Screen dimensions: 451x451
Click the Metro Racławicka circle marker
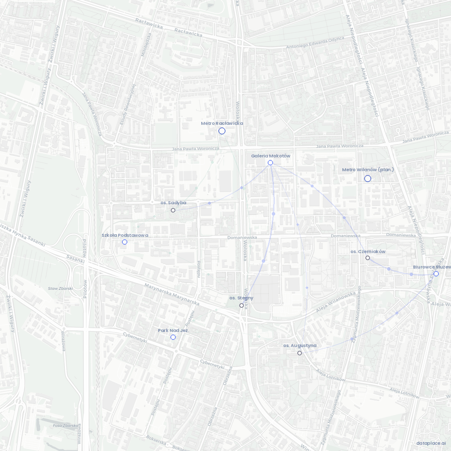pyautogui.click(x=222, y=131)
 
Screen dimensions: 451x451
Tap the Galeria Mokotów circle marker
pyautogui.click(x=270, y=162)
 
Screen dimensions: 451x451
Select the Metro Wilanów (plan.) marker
pyautogui.click(x=367, y=179)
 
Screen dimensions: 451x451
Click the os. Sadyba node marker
pyautogui.click(x=173, y=210)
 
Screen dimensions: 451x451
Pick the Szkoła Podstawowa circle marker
pyautogui.click(x=124, y=242)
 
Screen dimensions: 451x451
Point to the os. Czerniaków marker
pyautogui.click(x=367, y=258)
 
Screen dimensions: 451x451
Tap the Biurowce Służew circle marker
pyautogui.click(x=436, y=274)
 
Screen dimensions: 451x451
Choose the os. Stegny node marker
pyautogui.click(x=241, y=306)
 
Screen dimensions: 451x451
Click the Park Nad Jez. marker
pyautogui.click(x=173, y=337)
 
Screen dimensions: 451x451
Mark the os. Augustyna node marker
pyautogui.click(x=299, y=353)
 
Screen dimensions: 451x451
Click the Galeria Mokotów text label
pyautogui.click(x=270, y=156)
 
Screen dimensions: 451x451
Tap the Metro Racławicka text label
pyautogui.click(x=222, y=123)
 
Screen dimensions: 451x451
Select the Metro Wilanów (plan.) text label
pyautogui.click(x=367, y=170)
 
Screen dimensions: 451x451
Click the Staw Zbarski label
pyautogui.click(x=61, y=289)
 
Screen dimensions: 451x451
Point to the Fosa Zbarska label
pyautogui.click(x=66, y=426)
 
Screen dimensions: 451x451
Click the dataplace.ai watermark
pyautogui.click(x=431, y=443)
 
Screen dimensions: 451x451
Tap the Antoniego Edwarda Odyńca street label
pyautogui.click(x=315, y=43)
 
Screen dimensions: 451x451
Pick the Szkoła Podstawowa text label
pyautogui.click(x=125, y=235)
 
